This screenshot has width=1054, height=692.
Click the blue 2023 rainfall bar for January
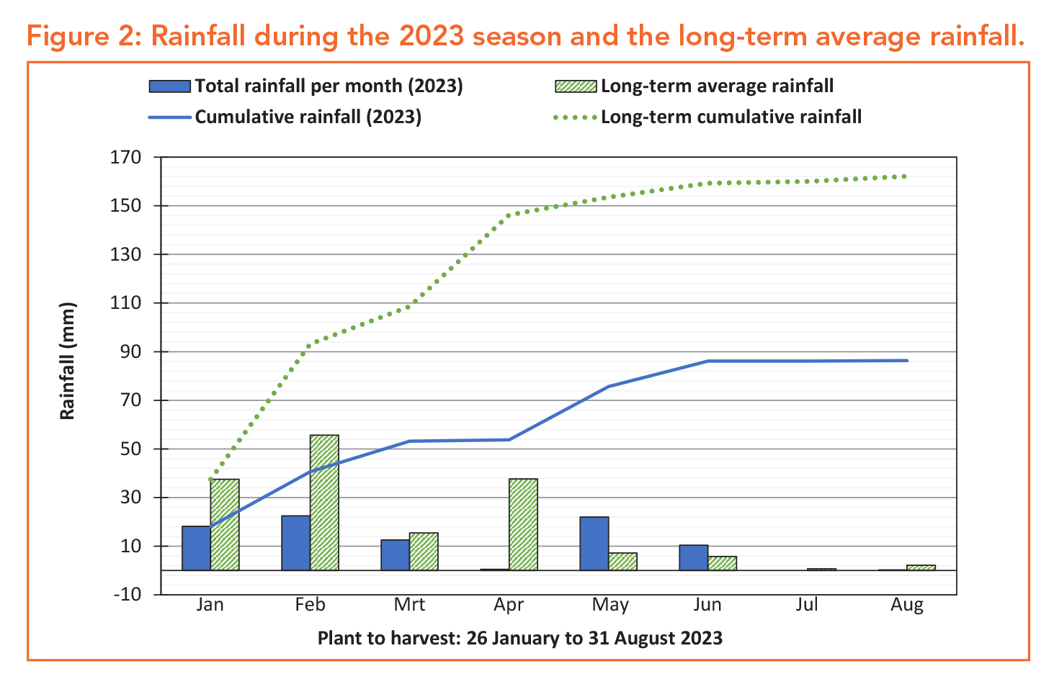(196, 548)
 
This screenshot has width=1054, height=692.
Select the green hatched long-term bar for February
(324, 503)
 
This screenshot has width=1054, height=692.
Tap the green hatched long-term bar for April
(523, 524)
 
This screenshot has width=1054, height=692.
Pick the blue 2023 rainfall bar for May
(594, 544)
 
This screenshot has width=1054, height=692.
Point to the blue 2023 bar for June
(694, 557)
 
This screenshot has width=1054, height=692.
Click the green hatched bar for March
(424, 552)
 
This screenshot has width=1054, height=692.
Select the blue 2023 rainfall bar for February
(296, 543)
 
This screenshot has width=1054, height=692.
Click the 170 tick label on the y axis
(125, 157)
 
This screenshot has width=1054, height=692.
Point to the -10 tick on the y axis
(128, 594)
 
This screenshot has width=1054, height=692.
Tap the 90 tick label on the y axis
(131, 351)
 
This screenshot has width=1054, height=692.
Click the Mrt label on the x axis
(409, 604)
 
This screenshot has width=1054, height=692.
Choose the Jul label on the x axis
(807, 604)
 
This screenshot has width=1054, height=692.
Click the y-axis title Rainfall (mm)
(67, 361)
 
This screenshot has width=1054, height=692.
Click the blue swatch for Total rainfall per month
(170, 86)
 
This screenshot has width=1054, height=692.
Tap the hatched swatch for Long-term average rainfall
(576, 86)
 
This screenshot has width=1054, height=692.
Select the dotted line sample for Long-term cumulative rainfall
(575, 117)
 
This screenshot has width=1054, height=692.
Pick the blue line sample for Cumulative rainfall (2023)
(170, 117)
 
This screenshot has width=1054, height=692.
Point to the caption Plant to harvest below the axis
(520, 639)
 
